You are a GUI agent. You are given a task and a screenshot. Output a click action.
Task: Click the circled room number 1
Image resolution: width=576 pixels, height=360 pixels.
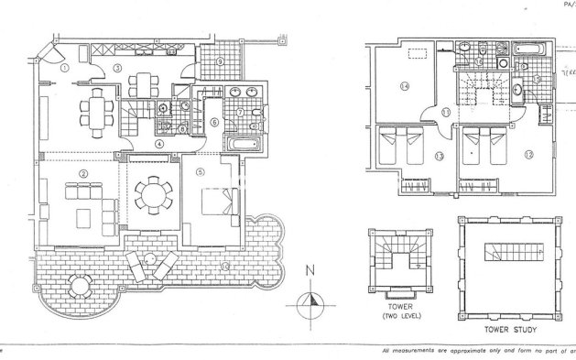pos(64,68)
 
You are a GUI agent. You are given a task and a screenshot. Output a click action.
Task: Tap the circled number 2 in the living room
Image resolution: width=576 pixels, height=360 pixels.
pos(83,173)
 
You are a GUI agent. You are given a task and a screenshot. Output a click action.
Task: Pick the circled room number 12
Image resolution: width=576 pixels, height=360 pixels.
pos(529,154)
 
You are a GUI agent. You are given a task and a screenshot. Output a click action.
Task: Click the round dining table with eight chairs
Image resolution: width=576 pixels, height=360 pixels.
pos(150,194)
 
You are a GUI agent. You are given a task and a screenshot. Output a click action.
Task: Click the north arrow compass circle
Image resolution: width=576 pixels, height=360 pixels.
pos(311,300)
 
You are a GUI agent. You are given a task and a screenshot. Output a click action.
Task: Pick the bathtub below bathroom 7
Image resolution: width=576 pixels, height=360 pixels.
pos(243,143)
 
